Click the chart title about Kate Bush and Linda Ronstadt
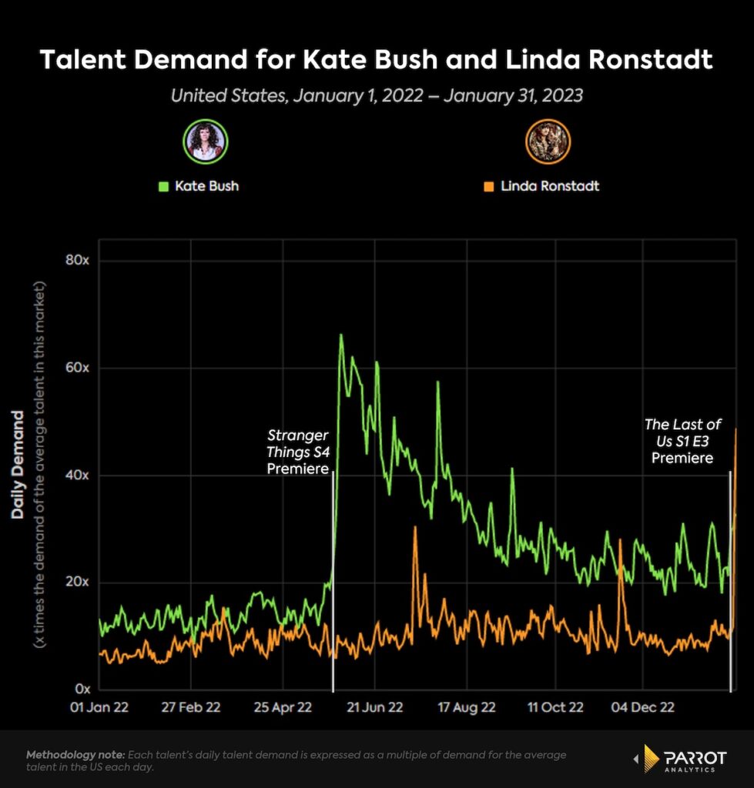(x=377, y=60)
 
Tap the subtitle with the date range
(x=377, y=96)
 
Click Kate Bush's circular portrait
(x=206, y=142)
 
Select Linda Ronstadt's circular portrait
(x=548, y=142)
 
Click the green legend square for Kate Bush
(x=163, y=186)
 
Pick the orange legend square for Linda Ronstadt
(x=488, y=186)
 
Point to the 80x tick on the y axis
(x=77, y=260)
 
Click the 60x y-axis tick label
(x=77, y=368)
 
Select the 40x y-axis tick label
(x=77, y=475)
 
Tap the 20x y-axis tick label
(x=77, y=582)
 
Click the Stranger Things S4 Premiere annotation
(x=298, y=452)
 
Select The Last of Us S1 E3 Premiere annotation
(x=682, y=441)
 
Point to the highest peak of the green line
(x=340, y=335)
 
